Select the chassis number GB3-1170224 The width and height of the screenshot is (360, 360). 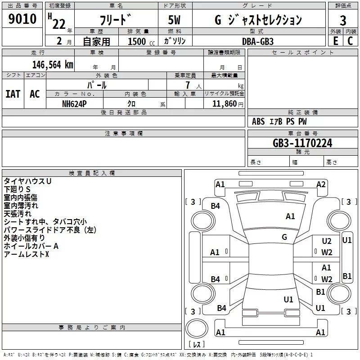302,144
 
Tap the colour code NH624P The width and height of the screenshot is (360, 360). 75,103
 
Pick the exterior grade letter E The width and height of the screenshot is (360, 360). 335,41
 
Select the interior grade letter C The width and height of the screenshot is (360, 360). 350,41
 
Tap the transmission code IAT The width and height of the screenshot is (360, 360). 13,94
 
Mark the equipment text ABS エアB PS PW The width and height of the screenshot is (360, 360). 279,121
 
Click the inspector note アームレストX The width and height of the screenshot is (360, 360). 26,255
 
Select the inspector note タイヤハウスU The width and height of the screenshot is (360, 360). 27,181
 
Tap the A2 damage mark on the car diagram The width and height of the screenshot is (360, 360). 321,184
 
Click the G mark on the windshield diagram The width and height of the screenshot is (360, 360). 284,237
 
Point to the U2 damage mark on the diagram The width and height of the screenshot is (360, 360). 327,241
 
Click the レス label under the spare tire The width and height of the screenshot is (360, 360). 197,345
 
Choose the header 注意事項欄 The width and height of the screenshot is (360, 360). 123,134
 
